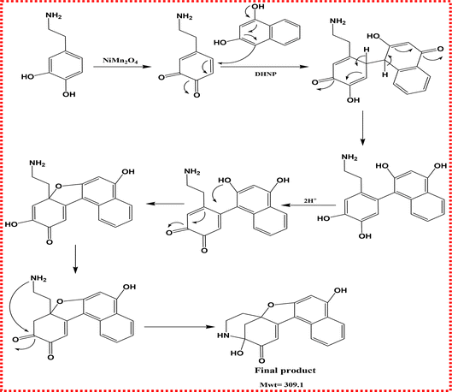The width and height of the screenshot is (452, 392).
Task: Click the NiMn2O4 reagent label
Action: tap(120, 61)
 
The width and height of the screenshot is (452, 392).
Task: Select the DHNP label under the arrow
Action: tap(266, 74)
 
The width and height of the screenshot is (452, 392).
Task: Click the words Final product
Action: tap(285, 371)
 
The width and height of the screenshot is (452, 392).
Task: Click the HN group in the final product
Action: tap(223, 336)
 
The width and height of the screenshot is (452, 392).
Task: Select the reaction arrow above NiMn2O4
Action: tap(122, 67)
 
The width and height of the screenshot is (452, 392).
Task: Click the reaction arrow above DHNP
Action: tap(264, 67)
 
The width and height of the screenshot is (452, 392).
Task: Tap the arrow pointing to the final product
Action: tap(179, 327)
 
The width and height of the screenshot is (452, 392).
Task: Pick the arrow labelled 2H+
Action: tap(308, 205)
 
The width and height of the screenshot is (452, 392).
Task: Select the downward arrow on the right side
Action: tap(362, 128)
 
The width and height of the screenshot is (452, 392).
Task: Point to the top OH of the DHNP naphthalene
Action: tap(258, 6)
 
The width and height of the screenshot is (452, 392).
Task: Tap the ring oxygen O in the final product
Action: tap(270, 305)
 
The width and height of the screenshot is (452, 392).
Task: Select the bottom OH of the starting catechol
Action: tap(69, 94)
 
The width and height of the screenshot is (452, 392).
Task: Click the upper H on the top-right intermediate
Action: tap(366, 50)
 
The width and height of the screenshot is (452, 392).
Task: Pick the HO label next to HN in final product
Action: tap(237, 353)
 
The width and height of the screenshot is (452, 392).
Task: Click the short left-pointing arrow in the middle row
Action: tap(166, 204)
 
